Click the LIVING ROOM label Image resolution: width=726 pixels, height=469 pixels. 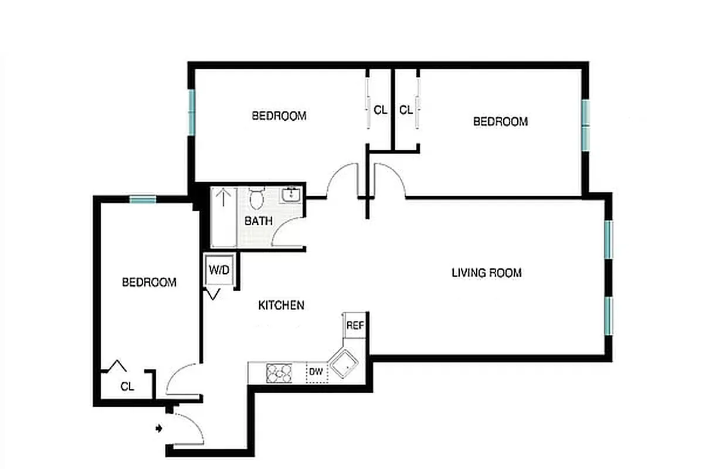point(486,273)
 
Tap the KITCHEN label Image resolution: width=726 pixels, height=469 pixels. point(281,305)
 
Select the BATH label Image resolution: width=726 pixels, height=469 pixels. point(259,221)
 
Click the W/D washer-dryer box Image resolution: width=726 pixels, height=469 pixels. point(220,271)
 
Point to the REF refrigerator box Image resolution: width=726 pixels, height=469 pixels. point(354,325)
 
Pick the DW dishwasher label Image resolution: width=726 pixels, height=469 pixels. point(316,371)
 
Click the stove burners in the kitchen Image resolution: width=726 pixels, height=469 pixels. point(279,373)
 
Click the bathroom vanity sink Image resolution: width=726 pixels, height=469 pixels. point(290,195)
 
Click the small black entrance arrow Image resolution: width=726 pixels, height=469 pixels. point(158,429)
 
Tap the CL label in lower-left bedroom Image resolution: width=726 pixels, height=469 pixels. point(127,386)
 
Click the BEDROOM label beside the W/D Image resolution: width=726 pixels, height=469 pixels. point(149,282)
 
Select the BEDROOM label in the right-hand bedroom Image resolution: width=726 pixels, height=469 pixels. point(500,121)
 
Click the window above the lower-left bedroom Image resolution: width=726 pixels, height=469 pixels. point(143,200)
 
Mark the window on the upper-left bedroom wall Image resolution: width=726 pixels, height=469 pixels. point(191,111)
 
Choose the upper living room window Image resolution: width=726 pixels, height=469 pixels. point(609,239)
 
